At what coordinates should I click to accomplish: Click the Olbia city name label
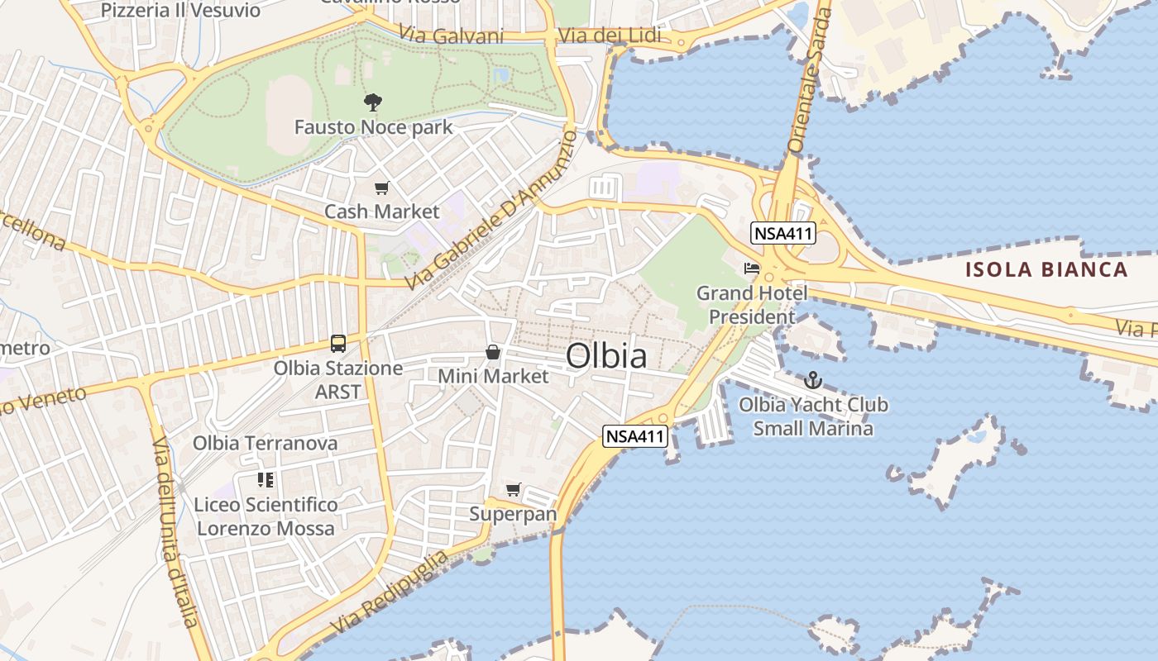point(607,356)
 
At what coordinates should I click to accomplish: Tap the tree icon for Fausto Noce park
point(373,102)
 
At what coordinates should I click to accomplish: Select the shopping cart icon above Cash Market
point(381,188)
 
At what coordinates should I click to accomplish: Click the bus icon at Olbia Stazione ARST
point(337,343)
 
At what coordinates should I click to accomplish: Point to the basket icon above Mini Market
point(493,353)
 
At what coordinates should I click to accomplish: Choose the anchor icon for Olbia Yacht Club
point(813,380)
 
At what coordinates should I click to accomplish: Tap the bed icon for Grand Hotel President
point(752,269)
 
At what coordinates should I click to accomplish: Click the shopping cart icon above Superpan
point(514,489)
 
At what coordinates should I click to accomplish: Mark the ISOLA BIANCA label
point(1046,269)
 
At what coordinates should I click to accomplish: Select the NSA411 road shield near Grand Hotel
point(783,234)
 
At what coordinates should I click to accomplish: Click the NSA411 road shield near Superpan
point(635,436)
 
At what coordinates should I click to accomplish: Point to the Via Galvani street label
point(451,35)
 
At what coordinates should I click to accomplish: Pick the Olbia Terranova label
point(266,443)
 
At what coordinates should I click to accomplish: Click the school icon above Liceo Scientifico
point(266,480)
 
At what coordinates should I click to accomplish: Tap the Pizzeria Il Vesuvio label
point(180,11)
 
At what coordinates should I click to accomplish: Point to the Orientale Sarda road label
point(808,78)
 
